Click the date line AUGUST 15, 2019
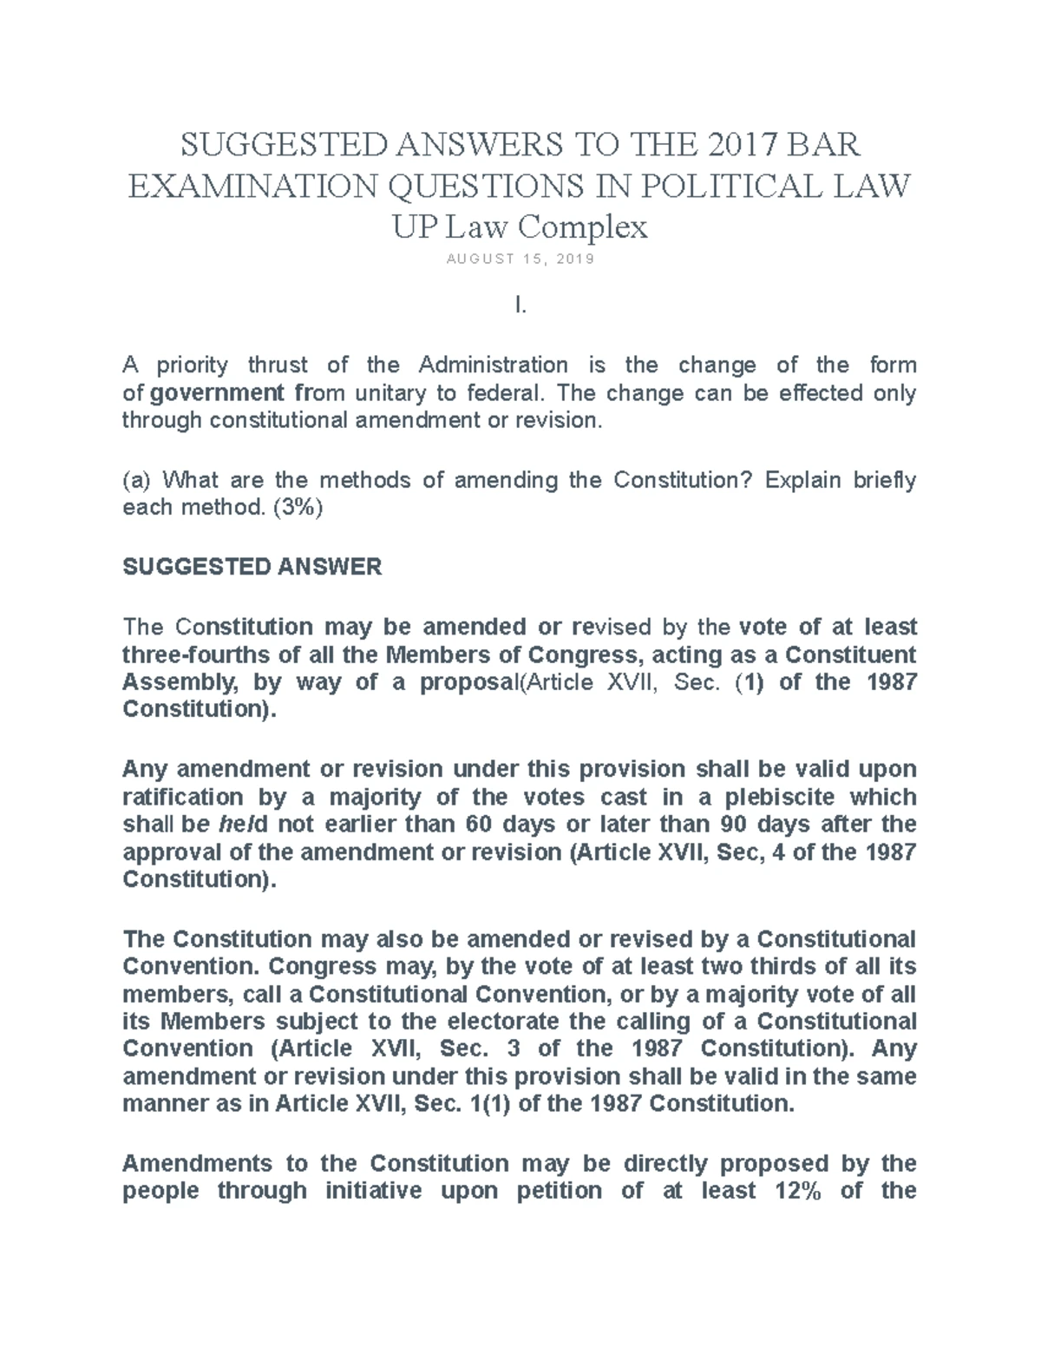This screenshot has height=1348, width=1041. click(x=520, y=260)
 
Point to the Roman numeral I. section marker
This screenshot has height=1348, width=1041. click(x=520, y=306)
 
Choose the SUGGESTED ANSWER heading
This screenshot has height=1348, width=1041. click(x=252, y=567)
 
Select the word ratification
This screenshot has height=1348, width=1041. click(x=183, y=797)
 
